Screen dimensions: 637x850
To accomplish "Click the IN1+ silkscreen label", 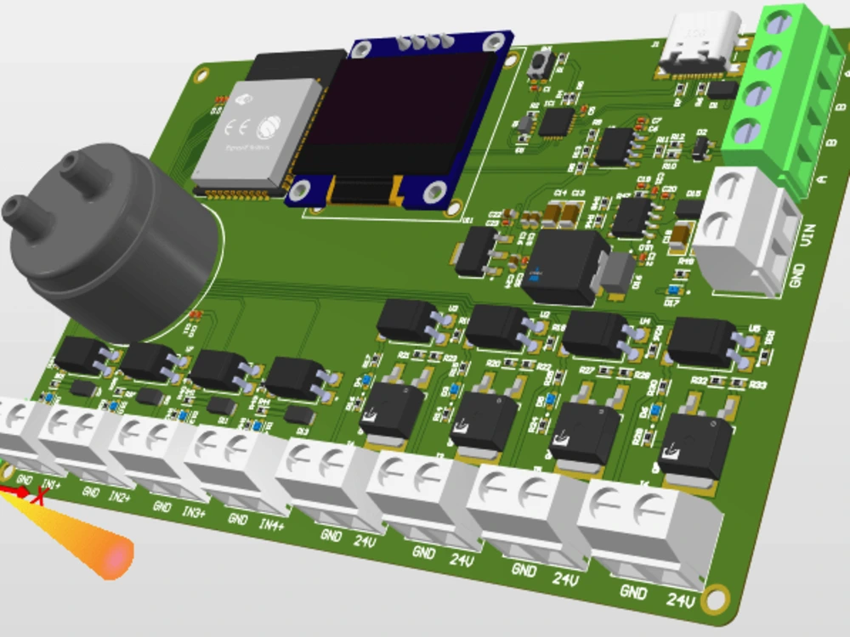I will pos(50,485).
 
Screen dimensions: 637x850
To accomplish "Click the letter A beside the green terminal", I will pos(821,178).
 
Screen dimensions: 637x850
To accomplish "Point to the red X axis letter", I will pos(37,495).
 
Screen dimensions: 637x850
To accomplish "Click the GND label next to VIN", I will pos(797,274).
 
